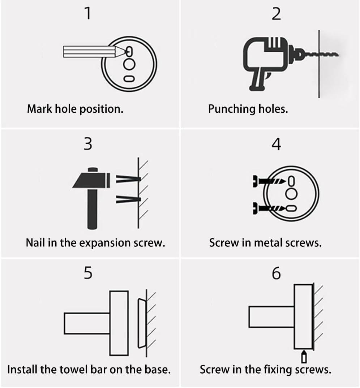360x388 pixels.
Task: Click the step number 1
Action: click(87, 14)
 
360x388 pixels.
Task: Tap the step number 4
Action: click(276, 145)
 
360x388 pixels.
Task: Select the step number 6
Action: click(276, 273)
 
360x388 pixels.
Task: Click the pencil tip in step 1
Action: click(125, 52)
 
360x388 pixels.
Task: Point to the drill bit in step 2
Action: click(322, 55)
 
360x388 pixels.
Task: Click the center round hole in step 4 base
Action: click(292, 194)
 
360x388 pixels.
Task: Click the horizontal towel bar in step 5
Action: click(87, 323)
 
